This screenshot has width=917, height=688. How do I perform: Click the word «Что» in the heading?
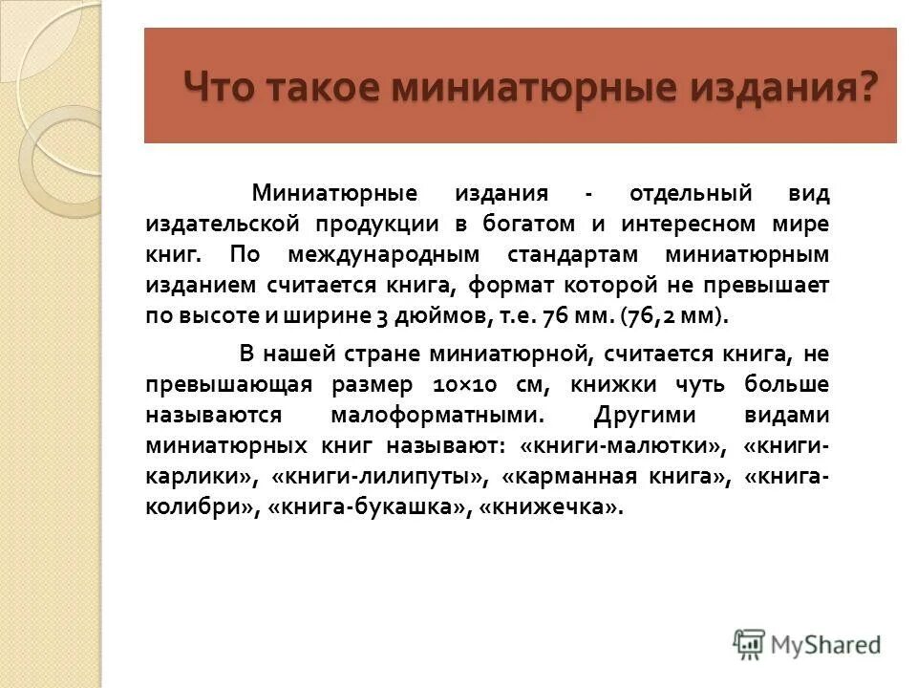pyautogui.click(x=218, y=86)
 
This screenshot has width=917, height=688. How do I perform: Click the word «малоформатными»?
pyautogui.click(x=438, y=417)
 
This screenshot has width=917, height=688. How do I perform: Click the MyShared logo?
pyautogui.click(x=807, y=644)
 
